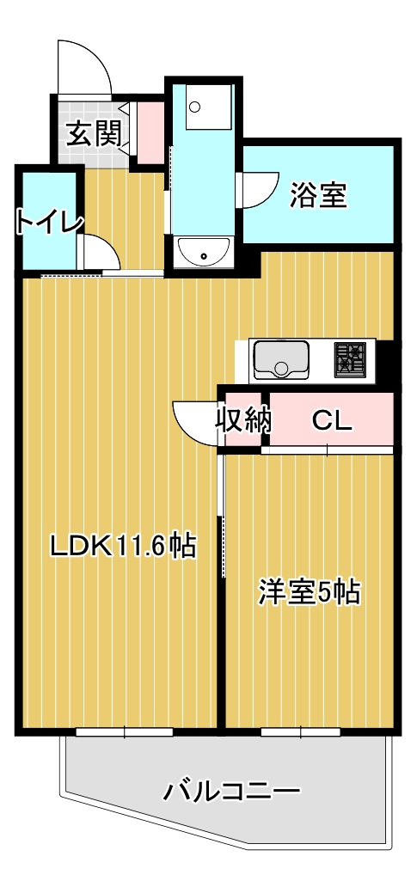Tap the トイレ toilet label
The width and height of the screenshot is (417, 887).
[x=48, y=221]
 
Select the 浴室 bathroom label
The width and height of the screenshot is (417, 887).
[x=317, y=195]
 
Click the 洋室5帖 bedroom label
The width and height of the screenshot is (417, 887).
[x=309, y=593]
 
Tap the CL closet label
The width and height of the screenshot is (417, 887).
[x=331, y=420]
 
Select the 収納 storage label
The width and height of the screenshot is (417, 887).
[x=242, y=420]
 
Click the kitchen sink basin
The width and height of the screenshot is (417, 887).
[x=281, y=359]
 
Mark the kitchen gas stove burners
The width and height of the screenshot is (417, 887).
[x=350, y=358]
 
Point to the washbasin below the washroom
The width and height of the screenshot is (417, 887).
[x=203, y=252]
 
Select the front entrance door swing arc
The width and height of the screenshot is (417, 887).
[x=83, y=64]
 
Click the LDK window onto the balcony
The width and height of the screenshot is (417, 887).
[x=124, y=732]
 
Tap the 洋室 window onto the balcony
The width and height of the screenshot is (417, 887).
[x=301, y=732]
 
